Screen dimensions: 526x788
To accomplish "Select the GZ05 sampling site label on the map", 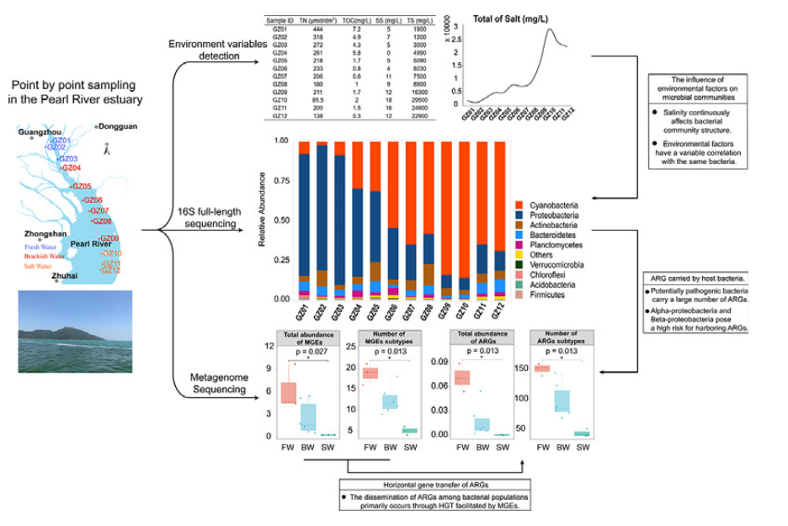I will pyautogui.click(x=82, y=186).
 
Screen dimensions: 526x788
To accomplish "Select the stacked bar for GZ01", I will pyautogui.click(x=304, y=220).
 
